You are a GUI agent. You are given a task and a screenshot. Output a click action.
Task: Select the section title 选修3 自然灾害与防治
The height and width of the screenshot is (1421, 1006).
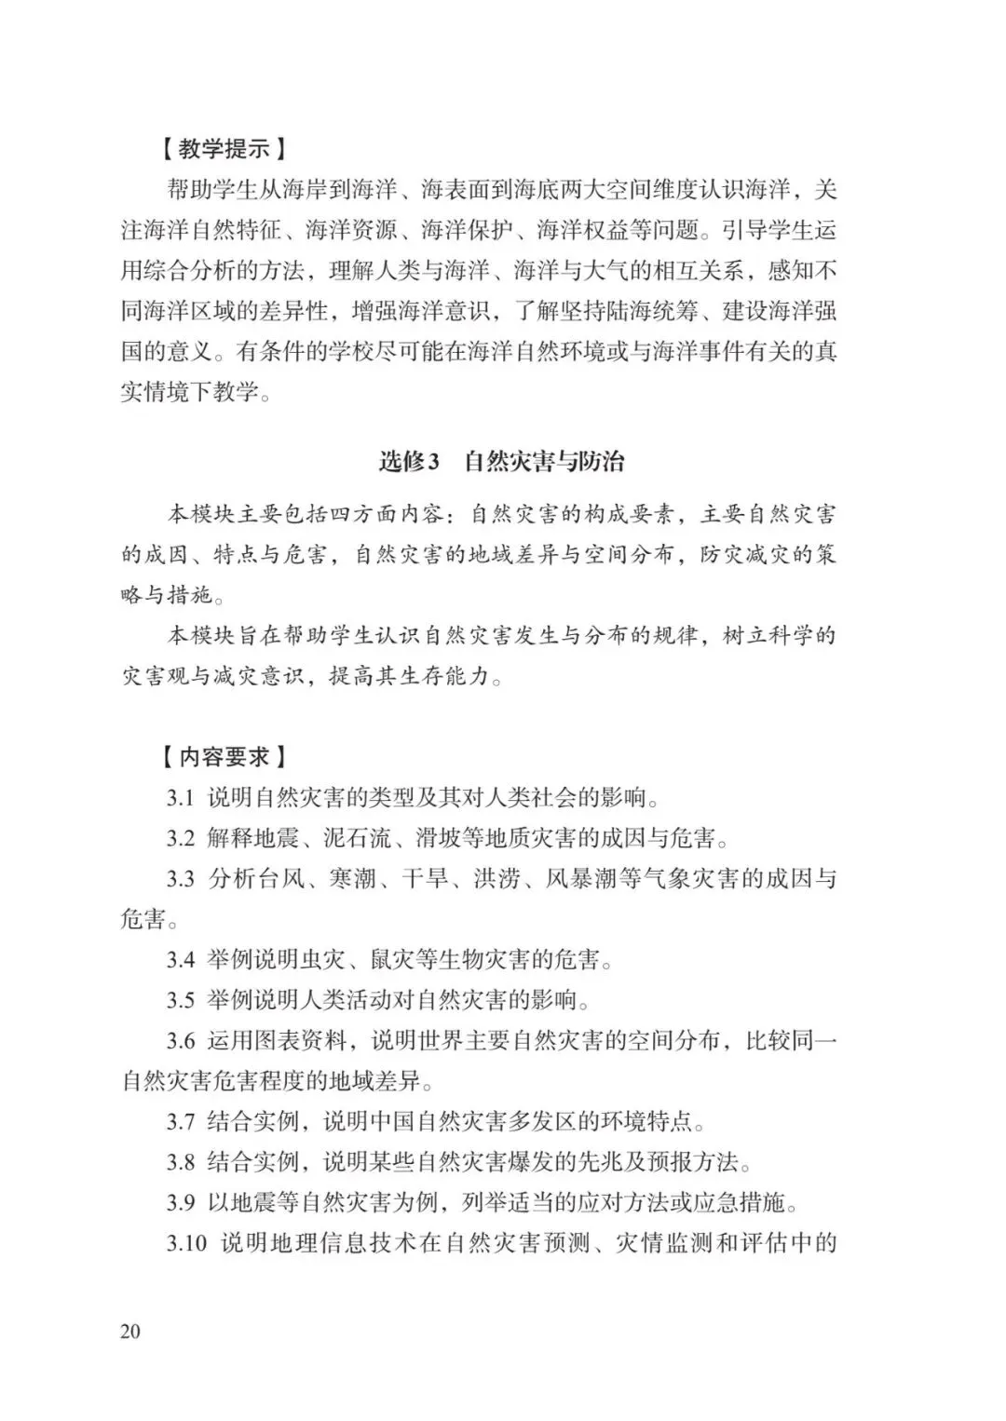click(502, 462)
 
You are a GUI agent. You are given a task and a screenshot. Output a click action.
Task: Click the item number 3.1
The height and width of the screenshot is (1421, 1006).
click(181, 798)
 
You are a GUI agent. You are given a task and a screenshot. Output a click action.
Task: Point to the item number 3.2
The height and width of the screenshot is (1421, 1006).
click(181, 838)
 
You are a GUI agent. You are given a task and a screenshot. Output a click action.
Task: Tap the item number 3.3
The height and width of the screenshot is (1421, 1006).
click(181, 879)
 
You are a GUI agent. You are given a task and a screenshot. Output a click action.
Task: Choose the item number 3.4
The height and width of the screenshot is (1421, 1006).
click(181, 959)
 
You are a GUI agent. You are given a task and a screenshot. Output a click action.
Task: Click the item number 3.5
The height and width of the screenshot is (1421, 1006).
click(181, 1000)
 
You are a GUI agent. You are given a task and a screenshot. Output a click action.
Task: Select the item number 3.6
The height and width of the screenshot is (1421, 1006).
click(181, 1040)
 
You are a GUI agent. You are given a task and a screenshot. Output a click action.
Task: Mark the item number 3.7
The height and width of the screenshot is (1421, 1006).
click(181, 1121)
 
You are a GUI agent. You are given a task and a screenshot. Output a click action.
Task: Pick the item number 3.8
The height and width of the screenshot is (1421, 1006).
click(181, 1162)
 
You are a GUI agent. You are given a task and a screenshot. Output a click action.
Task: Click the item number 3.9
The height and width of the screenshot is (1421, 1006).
click(181, 1202)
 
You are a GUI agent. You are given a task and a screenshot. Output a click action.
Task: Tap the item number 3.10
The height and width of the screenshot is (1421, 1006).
click(186, 1243)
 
